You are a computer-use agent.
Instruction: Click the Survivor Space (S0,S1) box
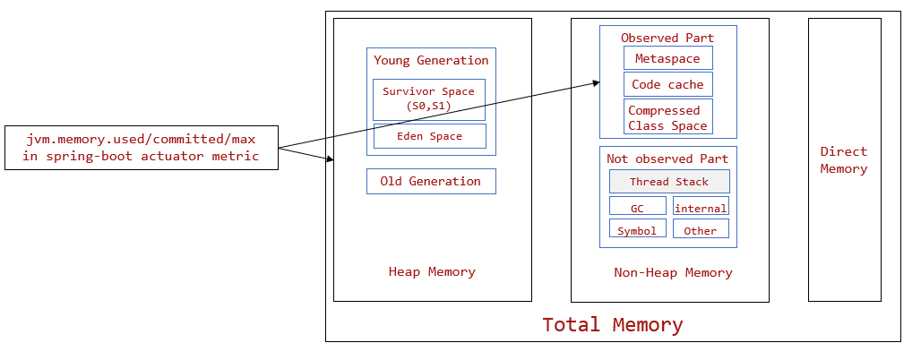(x=428, y=99)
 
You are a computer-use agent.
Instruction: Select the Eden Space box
(x=429, y=136)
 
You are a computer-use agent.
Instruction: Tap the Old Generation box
(x=431, y=181)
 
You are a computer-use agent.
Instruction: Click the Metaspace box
(x=667, y=58)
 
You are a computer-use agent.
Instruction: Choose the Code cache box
(x=667, y=84)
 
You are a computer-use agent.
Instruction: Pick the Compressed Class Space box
(x=667, y=117)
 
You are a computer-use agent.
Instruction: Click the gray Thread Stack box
(x=668, y=182)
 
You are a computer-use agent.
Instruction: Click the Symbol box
(x=637, y=229)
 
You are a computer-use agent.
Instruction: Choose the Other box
(x=701, y=229)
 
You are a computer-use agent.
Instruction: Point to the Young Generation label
(x=431, y=60)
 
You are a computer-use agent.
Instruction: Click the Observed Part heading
(x=667, y=38)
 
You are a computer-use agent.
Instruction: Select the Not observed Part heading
(x=667, y=159)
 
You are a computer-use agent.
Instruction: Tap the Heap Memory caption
(x=432, y=271)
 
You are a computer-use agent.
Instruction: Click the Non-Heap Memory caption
(x=673, y=272)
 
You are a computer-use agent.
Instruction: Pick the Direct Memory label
(x=844, y=160)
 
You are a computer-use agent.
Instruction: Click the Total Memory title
(x=613, y=325)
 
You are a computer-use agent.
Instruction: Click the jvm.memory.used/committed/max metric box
(x=141, y=148)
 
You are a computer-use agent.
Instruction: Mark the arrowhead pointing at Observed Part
(x=595, y=83)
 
